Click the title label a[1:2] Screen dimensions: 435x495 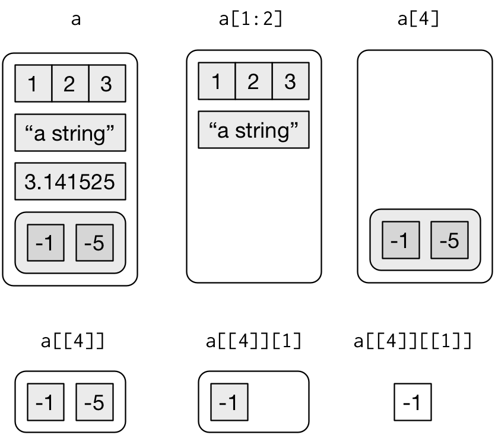pyautogui.click(x=251, y=18)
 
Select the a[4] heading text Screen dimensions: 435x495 pyautogui.click(x=418, y=18)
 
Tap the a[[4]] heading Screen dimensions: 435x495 pyautogui.click(x=72, y=342)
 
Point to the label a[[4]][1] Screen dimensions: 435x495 pyautogui.click(x=253, y=342)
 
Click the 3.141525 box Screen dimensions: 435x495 pyautogui.click(x=70, y=181)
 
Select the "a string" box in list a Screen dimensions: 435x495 pyautogui.click(x=70, y=133)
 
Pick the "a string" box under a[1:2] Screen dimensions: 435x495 pyautogui.click(x=253, y=129)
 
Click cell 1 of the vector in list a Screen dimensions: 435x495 pyautogui.click(x=33, y=84)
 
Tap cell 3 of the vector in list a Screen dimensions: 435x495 pyautogui.click(x=107, y=84)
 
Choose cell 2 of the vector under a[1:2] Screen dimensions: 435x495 pyautogui.click(x=253, y=81)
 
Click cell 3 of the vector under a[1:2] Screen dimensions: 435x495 pyautogui.click(x=290, y=81)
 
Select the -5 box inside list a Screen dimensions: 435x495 pyautogui.click(x=94, y=243)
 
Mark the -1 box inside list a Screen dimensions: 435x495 pyautogui.click(x=46, y=243)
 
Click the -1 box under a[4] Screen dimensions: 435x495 pyautogui.click(x=401, y=240)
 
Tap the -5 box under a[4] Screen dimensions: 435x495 pyautogui.click(x=449, y=240)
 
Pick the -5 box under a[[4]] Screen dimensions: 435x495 pyautogui.click(x=94, y=402)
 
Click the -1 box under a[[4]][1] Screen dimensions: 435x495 pyautogui.click(x=229, y=402)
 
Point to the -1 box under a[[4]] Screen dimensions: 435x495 pyautogui.click(x=46, y=402)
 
